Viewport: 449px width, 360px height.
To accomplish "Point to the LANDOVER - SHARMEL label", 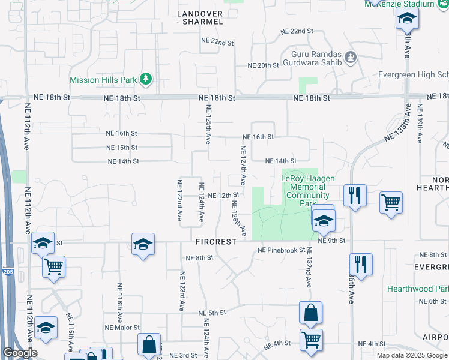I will (x=200, y=17).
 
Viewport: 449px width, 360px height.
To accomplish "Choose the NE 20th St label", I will (x=264, y=65).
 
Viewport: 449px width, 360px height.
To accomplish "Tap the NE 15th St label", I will (x=122, y=148).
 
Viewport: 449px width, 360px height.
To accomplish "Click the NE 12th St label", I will (x=224, y=196).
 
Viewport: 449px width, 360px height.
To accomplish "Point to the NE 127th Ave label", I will (x=243, y=165).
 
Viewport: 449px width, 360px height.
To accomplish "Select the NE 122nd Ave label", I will (x=179, y=200).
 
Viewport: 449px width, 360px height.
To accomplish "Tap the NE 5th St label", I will (x=212, y=313).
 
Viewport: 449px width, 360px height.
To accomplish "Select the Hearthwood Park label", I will (x=418, y=289).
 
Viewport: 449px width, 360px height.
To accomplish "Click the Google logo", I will (x=20, y=353).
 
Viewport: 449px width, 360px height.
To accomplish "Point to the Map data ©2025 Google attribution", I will (x=412, y=355).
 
